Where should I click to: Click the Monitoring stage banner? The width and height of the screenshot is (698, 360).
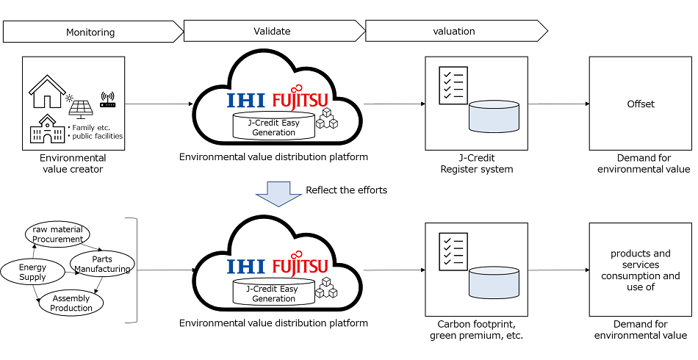(x=91, y=32)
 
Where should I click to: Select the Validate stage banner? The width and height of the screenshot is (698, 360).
(x=273, y=31)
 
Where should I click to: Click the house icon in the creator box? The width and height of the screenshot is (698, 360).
(x=46, y=93)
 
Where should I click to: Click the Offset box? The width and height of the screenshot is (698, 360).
(x=640, y=104)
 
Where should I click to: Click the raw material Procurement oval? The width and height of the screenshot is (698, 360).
(x=57, y=234)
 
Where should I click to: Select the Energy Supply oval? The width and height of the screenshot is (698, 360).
(x=32, y=273)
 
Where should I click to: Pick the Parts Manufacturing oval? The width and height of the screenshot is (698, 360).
(x=101, y=264)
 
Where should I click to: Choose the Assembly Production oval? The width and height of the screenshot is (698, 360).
(x=71, y=303)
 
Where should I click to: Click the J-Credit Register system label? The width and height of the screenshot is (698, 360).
(x=475, y=163)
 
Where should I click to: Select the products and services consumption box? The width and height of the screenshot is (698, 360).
(x=640, y=270)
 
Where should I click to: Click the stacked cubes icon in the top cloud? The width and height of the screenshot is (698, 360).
(x=325, y=120)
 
